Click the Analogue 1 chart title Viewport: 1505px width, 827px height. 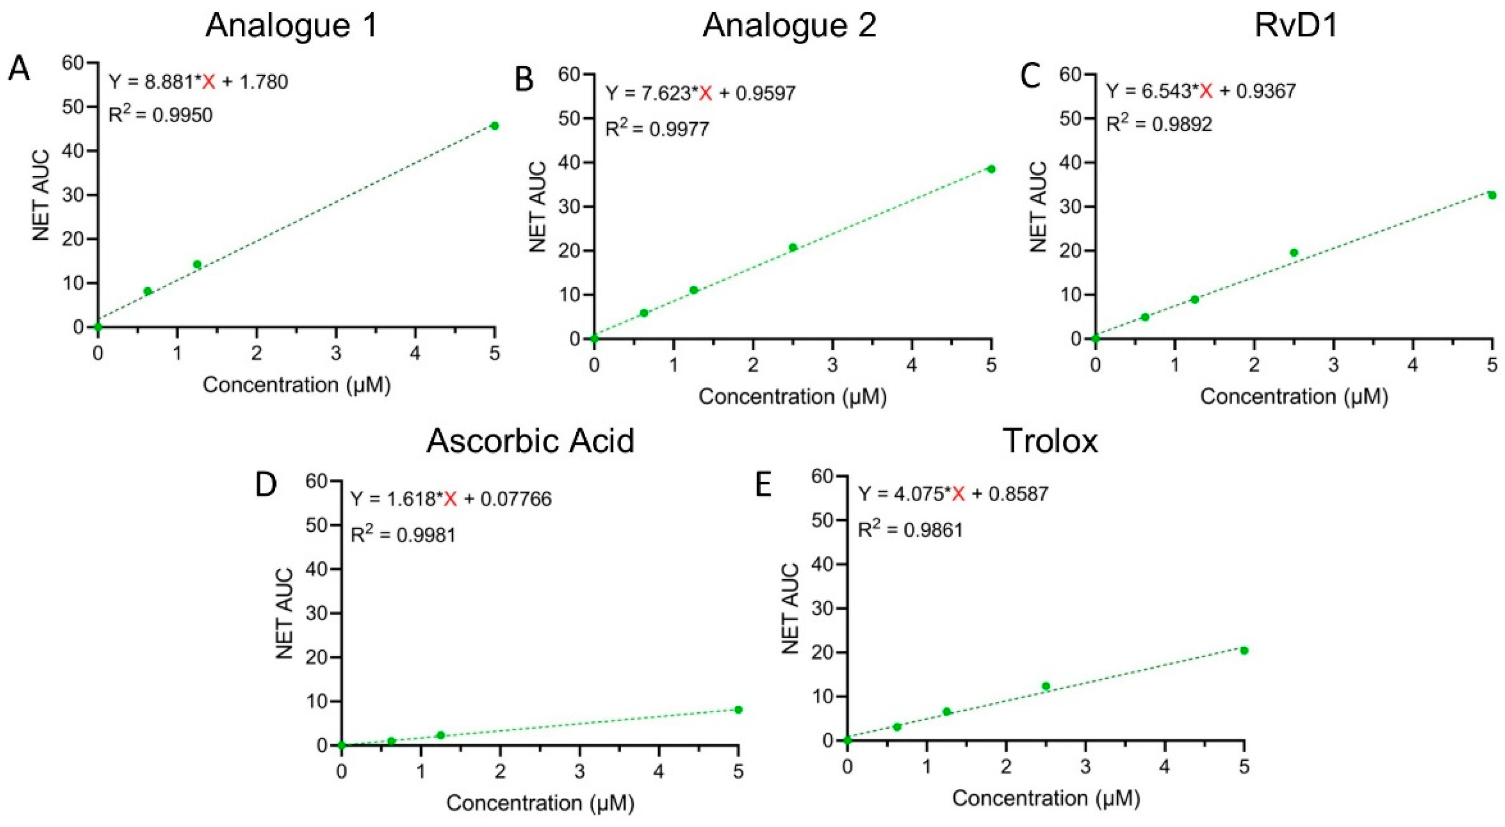(292, 26)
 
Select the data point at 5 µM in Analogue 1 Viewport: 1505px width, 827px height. (494, 126)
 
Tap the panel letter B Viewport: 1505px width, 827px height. (524, 80)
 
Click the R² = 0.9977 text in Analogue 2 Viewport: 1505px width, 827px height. (657, 127)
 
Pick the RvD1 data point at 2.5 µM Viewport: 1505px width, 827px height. (1293, 252)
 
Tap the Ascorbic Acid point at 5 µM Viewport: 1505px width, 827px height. (738, 709)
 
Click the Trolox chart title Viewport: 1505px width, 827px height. (1050, 441)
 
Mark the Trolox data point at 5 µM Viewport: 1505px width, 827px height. (1244, 651)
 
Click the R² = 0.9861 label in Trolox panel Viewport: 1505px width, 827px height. (910, 529)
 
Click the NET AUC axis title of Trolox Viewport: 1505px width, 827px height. (790, 608)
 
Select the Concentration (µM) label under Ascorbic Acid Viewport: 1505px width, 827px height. (540, 803)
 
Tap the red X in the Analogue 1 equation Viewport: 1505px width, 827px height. (208, 82)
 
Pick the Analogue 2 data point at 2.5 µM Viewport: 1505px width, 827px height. (793, 247)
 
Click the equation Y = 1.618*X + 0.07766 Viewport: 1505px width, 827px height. (450, 499)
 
